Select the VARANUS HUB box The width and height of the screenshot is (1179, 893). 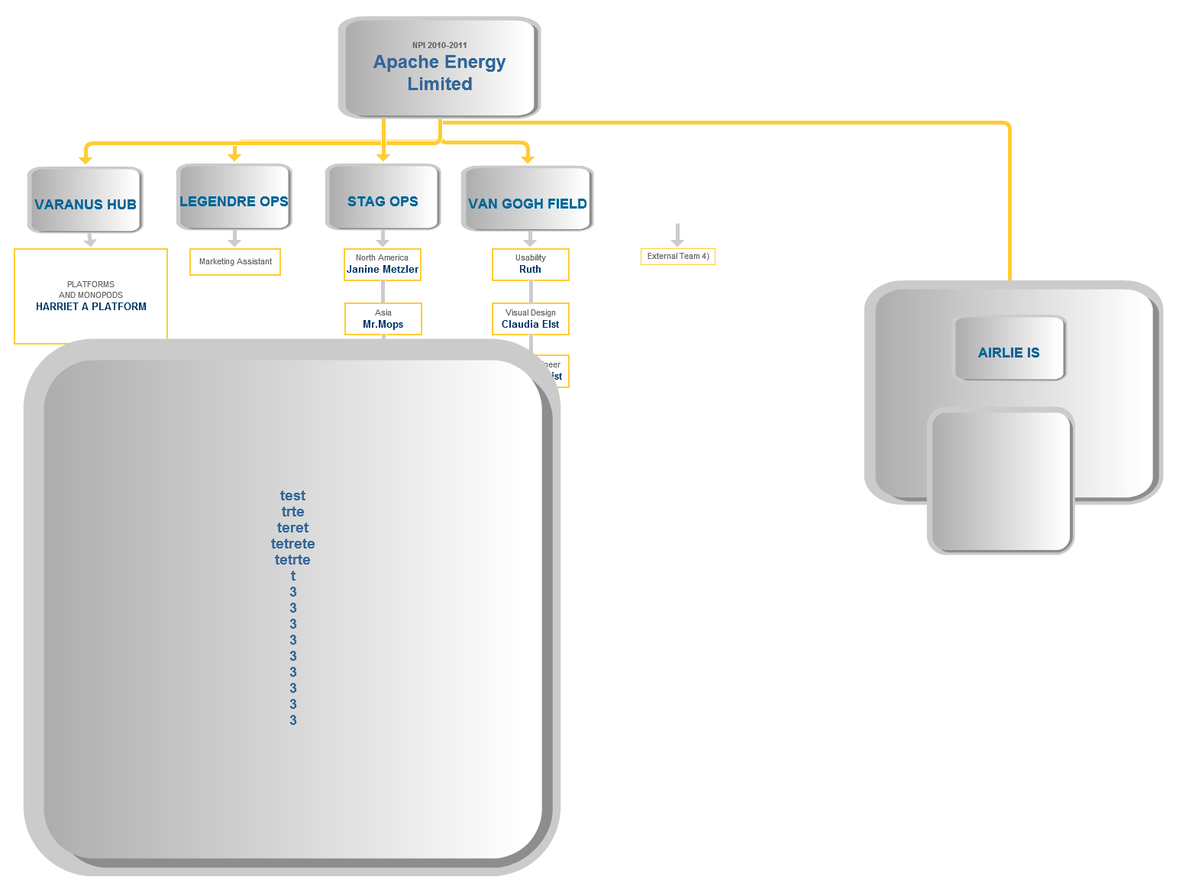coord(86,200)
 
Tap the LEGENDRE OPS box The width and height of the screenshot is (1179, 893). coord(234,198)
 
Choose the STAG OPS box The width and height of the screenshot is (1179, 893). coord(383,198)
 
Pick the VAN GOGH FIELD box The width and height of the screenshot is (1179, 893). coord(527,200)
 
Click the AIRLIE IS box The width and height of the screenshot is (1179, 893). coord(1009,349)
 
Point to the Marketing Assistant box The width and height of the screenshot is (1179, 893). coord(235,262)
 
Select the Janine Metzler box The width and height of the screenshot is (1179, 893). coord(383,264)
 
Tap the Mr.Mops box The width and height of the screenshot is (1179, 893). coord(383,319)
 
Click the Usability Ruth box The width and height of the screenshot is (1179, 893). coord(530,264)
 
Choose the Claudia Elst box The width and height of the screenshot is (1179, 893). coord(530,319)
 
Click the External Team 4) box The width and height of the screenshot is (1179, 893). coord(678,257)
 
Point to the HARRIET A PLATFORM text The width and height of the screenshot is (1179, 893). coord(91,306)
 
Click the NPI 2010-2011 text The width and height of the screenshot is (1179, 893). coord(439,45)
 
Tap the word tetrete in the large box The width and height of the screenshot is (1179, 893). coord(292,544)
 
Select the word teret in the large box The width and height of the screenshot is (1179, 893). coord(292,528)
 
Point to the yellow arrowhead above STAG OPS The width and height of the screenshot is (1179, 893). coord(383,157)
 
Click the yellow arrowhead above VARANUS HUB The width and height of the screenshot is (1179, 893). coord(86,159)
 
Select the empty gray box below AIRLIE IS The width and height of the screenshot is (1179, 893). coord(1000,481)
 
